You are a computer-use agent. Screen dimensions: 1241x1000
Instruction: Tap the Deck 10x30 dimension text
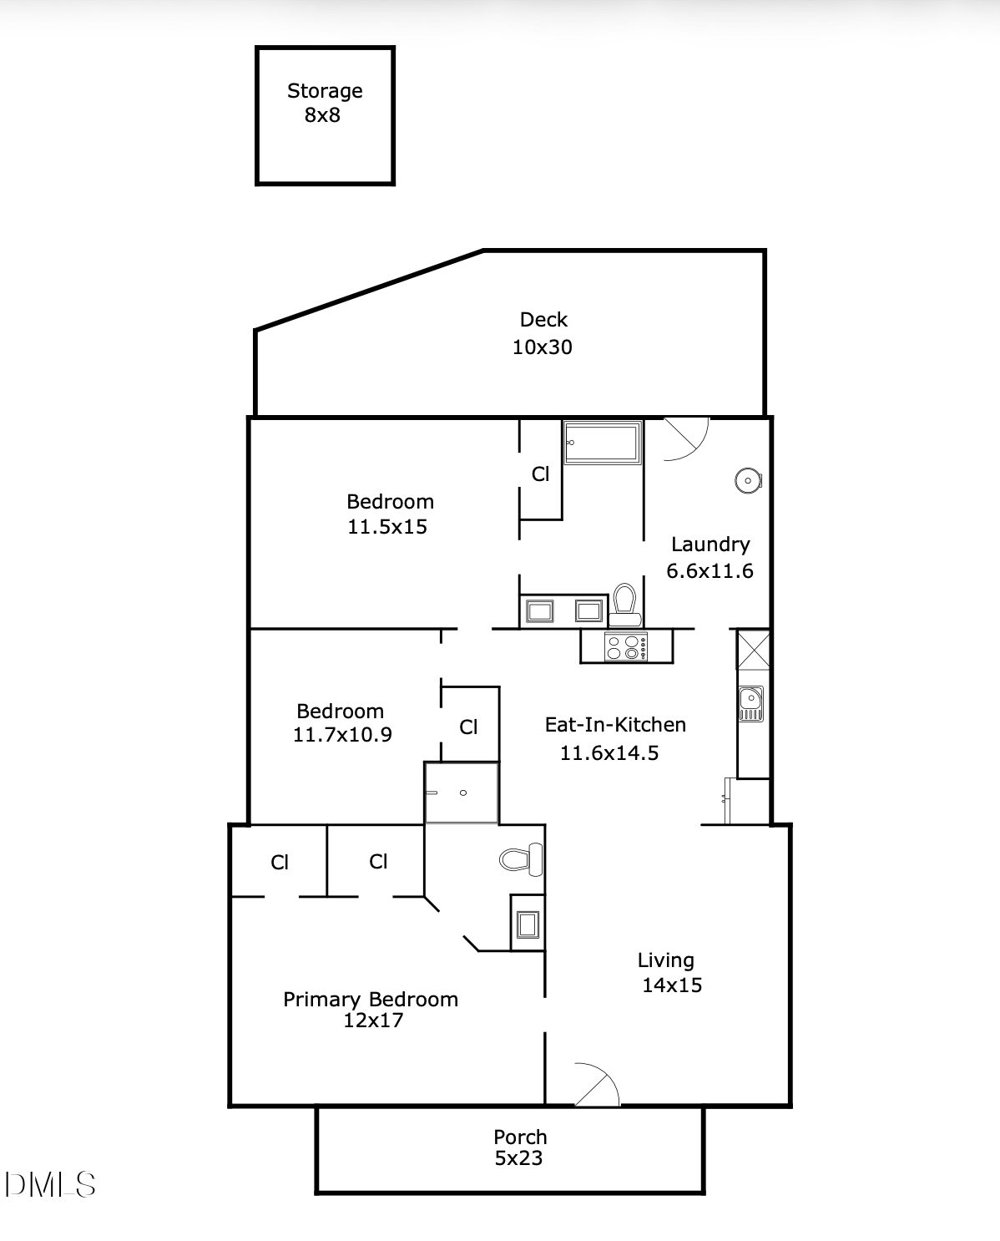click(543, 347)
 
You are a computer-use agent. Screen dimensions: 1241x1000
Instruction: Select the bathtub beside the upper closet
click(603, 442)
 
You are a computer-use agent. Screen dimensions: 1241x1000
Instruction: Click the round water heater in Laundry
click(747, 480)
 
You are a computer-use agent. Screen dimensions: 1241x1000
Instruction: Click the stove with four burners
click(626, 647)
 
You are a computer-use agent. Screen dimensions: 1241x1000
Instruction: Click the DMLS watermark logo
click(50, 1184)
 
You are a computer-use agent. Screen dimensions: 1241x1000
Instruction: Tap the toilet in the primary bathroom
click(521, 859)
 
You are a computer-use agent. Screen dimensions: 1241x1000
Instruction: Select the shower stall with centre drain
click(462, 793)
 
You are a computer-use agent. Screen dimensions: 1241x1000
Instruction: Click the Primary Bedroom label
click(371, 1000)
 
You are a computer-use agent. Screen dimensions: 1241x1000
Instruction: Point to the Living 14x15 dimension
click(672, 985)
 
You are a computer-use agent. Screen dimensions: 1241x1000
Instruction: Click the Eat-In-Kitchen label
click(615, 725)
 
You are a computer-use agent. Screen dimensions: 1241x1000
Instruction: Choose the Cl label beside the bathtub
click(541, 474)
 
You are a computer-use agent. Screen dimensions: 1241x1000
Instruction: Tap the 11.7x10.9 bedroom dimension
click(342, 735)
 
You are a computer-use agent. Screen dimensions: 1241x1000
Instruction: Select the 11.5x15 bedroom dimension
click(387, 527)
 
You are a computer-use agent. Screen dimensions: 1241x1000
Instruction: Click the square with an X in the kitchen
click(753, 650)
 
